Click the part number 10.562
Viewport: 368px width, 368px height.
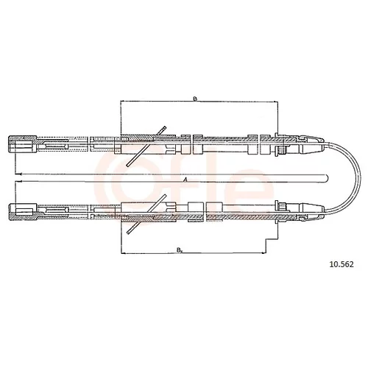(342, 264)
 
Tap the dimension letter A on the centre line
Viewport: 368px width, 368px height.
(185, 180)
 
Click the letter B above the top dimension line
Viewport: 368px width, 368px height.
(195, 99)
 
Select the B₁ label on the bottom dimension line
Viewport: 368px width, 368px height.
(180, 250)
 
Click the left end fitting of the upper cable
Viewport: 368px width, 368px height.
(23, 144)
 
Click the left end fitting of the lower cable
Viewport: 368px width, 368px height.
(23, 212)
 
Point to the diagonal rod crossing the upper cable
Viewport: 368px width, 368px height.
(146, 146)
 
